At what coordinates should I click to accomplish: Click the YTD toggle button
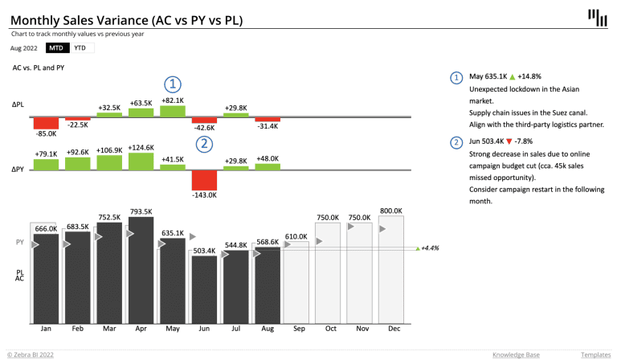(x=81, y=48)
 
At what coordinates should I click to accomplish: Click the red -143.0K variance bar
(x=204, y=180)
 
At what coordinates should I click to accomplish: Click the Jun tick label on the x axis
(x=204, y=329)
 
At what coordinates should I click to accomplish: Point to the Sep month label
(x=298, y=329)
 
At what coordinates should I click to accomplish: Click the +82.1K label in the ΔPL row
(x=172, y=100)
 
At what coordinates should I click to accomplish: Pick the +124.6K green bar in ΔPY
(x=141, y=161)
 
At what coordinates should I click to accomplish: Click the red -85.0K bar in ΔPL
(x=47, y=124)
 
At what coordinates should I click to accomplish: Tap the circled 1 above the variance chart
(x=172, y=83)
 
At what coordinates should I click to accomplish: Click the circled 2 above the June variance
(x=204, y=144)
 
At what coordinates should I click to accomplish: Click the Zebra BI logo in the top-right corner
(x=596, y=18)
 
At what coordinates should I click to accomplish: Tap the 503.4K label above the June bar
(x=204, y=251)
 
